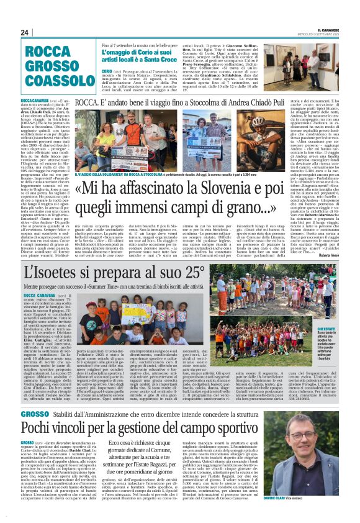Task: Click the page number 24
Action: [x=25, y=32]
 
